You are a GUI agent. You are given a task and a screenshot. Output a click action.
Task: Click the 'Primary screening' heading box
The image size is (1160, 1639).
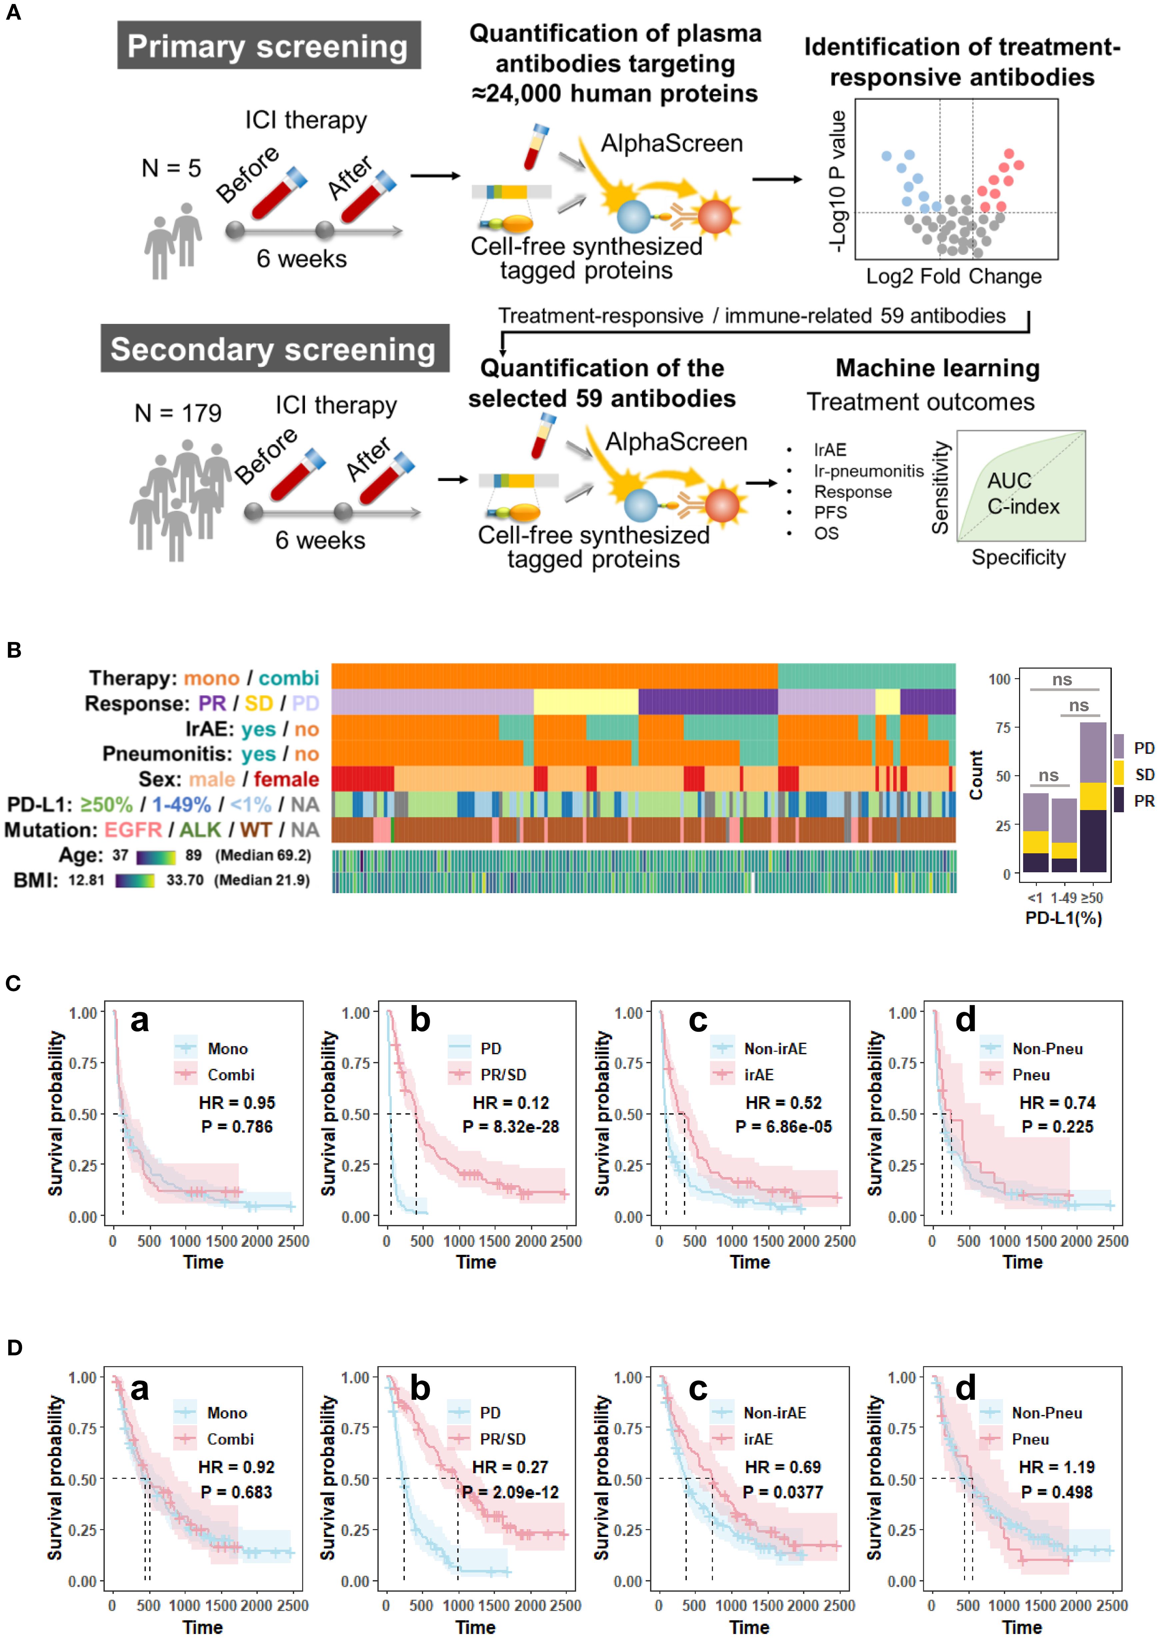(269, 46)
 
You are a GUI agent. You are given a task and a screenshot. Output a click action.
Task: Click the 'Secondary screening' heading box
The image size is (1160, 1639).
(274, 349)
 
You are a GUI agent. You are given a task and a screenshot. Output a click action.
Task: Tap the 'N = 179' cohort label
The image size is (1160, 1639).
(178, 413)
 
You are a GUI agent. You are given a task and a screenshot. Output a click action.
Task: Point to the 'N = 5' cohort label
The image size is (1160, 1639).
(171, 169)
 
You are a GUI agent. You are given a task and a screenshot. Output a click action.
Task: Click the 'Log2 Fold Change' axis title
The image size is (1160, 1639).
(954, 277)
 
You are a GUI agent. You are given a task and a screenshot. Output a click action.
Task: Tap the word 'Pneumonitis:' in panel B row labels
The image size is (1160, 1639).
(167, 754)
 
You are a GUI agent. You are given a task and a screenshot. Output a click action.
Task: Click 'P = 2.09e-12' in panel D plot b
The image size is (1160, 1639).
(510, 1492)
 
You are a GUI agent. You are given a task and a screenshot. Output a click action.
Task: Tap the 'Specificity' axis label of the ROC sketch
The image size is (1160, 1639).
(1018, 557)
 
